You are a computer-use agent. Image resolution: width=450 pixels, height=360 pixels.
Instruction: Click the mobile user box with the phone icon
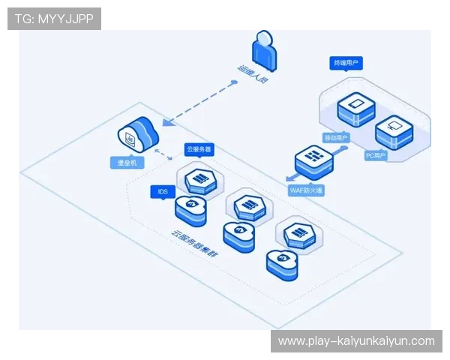coord(355,109)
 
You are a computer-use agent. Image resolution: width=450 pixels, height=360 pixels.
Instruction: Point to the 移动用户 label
coord(336,138)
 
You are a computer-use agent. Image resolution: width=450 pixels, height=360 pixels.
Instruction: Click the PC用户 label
coord(374,156)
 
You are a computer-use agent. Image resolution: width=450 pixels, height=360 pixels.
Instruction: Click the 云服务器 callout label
coord(199,150)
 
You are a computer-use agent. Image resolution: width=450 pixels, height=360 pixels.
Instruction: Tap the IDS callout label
coord(163,193)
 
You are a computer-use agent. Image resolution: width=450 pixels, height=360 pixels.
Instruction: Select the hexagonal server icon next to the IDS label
coord(199,178)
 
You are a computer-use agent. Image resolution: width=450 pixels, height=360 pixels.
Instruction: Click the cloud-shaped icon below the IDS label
coord(190,209)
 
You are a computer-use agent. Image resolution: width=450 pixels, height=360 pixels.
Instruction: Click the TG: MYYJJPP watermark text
coord(54,18)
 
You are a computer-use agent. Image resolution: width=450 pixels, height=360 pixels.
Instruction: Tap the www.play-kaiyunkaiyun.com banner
coord(356,341)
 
